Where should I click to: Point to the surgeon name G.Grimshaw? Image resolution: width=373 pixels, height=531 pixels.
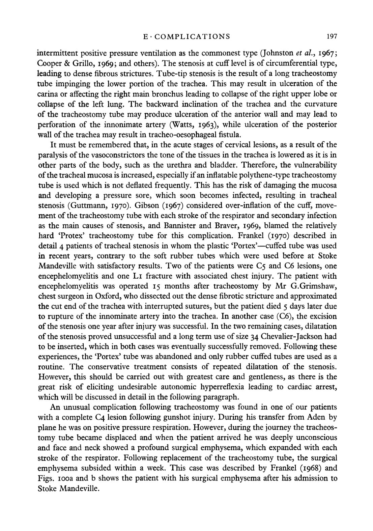tap(313, 286)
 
